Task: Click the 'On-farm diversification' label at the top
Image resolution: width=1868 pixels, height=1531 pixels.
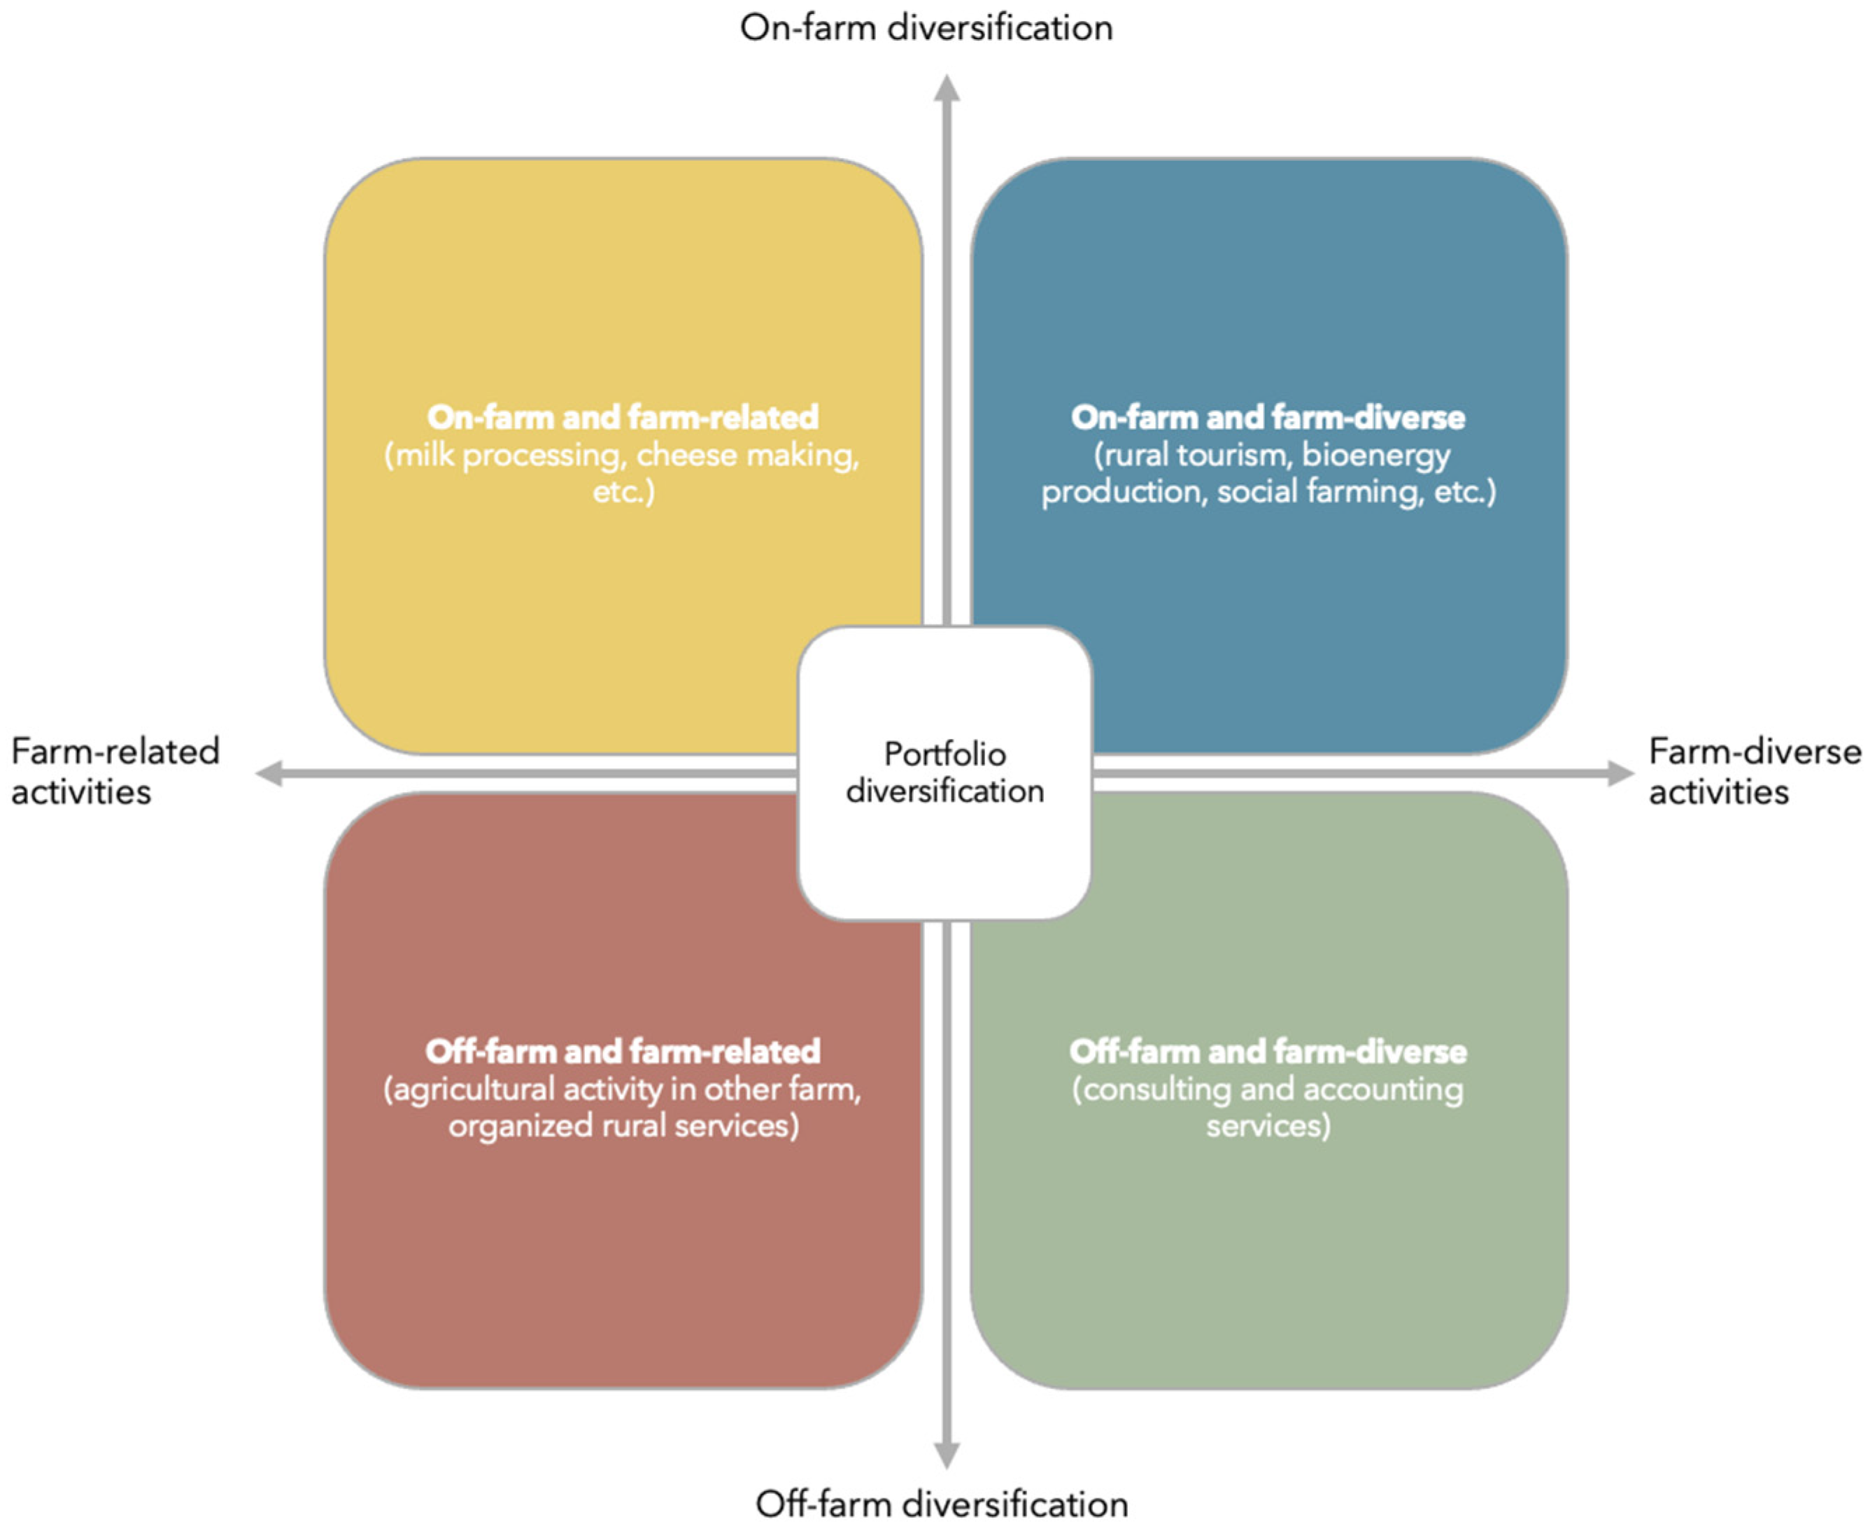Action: pos(926,28)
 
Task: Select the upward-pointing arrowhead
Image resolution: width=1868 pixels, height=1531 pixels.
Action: pos(947,88)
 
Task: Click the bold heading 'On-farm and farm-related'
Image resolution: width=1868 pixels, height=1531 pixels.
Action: pos(623,417)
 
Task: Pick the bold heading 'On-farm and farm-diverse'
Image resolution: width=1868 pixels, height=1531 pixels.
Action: pos(1268,417)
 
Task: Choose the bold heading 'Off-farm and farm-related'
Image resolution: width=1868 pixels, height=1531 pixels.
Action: pos(623,1051)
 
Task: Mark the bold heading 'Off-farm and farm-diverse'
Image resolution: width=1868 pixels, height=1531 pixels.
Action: pos(1268,1051)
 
